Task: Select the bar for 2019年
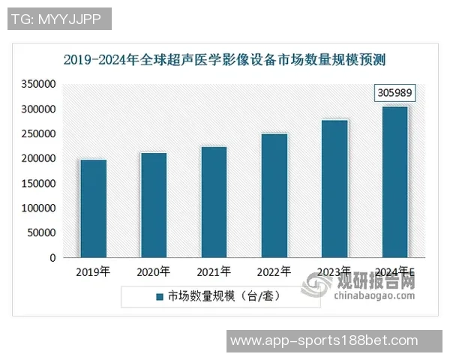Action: (94, 208)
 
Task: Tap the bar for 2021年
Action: (214, 202)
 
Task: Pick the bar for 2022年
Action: (274, 196)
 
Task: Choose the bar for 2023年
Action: (334, 189)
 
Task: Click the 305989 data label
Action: (394, 94)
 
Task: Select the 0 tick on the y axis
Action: (52, 258)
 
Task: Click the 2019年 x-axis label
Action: (93, 271)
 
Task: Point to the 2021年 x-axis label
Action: (214, 271)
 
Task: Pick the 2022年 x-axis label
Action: (274, 271)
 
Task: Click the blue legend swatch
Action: (160, 297)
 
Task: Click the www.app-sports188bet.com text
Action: (324, 340)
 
